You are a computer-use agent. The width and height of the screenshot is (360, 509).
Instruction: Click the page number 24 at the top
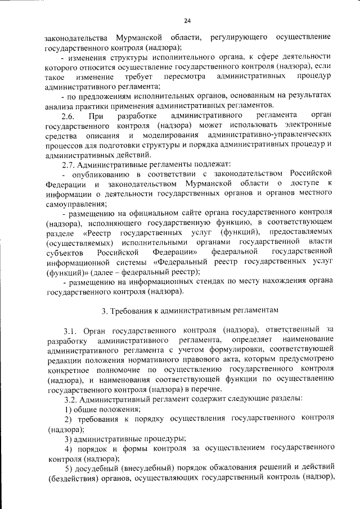tap(187, 21)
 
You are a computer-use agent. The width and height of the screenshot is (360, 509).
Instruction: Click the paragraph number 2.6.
tap(68, 116)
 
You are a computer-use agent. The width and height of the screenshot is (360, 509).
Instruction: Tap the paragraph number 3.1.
tap(71, 329)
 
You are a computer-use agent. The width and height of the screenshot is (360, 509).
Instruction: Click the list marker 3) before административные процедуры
tap(68, 438)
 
